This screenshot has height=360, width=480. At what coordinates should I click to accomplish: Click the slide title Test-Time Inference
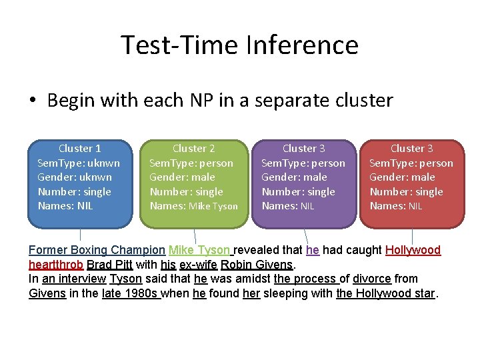[239, 45]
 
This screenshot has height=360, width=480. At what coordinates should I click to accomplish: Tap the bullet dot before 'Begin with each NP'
[33, 101]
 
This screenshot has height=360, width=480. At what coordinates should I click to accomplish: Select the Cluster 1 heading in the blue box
[80, 149]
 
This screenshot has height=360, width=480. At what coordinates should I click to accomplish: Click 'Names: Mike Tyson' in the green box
[193, 206]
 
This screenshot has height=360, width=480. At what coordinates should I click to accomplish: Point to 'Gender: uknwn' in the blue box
[75, 177]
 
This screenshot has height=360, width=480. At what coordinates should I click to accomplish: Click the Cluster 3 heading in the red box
[411, 149]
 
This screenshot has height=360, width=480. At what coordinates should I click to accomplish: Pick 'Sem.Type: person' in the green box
[191, 163]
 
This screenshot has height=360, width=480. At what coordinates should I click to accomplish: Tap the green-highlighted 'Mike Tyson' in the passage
[199, 251]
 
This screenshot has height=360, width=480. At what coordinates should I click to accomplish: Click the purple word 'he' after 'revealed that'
[313, 251]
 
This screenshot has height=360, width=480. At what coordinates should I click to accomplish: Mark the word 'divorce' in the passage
[371, 279]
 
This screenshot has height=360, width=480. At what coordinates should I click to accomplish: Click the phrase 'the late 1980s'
[131, 293]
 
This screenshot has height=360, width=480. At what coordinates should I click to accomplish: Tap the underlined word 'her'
[251, 293]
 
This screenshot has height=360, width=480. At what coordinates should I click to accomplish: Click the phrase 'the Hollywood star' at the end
[385, 293]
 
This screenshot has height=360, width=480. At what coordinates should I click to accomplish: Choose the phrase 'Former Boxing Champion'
[97, 251]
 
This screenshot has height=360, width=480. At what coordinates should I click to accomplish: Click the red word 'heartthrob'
[56, 265]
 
